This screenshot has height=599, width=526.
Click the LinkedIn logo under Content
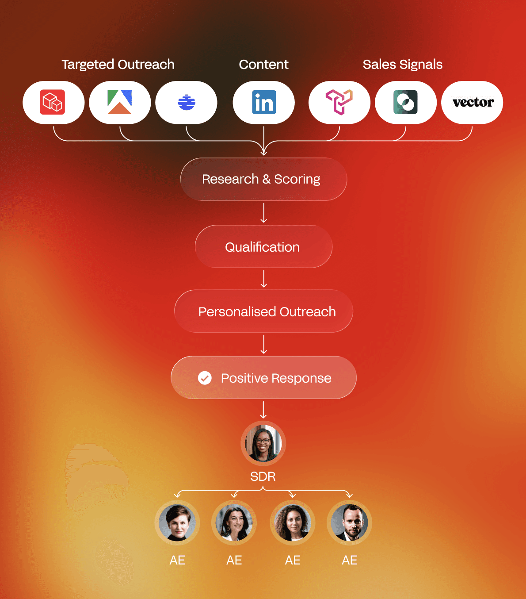(264, 102)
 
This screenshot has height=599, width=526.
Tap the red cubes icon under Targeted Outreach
(53, 102)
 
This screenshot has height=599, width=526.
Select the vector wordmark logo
(473, 102)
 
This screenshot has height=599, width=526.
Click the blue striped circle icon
(187, 102)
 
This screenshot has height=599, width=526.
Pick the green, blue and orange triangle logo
(120, 102)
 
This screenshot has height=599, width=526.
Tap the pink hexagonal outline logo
(339, 102)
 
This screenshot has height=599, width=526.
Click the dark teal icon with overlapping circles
(405, 102)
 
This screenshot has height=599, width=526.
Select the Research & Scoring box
(263, 179)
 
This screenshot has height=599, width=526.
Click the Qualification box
(263, 246)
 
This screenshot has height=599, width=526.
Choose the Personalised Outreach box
(263, 311)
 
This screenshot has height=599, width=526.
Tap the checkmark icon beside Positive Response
(205, 378)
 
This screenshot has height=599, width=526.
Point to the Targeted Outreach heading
(118, 65)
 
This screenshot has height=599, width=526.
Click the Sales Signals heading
(402, 65)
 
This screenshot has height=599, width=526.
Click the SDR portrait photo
(263, 443)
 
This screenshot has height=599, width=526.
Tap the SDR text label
(263, 476)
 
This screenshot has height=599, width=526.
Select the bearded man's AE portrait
(349, 523)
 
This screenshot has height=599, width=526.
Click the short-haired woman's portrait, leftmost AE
(177, 523)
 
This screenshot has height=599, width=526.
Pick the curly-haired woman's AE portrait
(293, 523)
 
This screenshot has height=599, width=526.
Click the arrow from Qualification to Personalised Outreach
(264, 279)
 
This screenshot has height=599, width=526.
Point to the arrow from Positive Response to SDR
(263, 410)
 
